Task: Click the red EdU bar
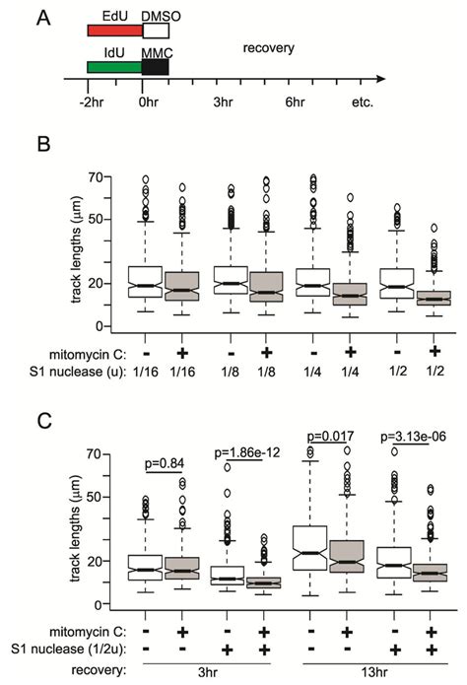click(114, 32)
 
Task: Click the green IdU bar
click(114, 67)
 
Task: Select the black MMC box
click(156, 67)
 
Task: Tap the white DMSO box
click(156, 32)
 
